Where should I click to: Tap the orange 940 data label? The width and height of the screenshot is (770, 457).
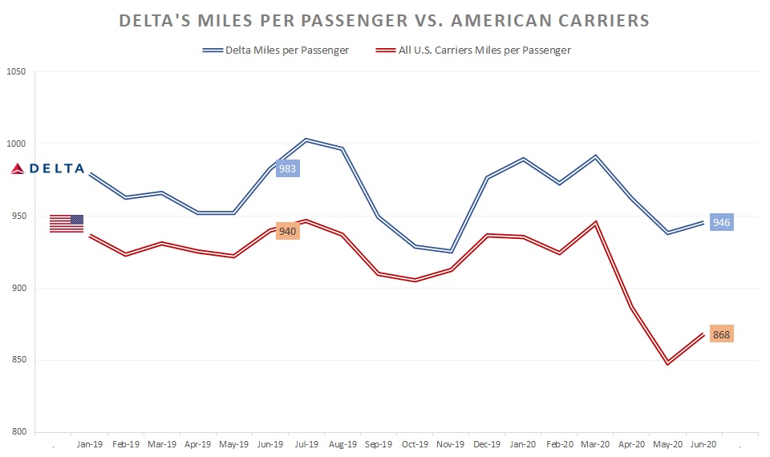[x=287, y=231]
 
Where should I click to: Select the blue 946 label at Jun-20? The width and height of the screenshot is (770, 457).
[x=721, y=222]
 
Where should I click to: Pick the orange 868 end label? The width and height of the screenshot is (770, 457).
[x=721, y=334]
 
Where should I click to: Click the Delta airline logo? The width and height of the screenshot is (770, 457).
[x=47, y=168]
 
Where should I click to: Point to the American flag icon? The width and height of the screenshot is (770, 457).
[x=67, y=224]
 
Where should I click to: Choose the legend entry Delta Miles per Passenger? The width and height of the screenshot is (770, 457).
[x=276, y=51]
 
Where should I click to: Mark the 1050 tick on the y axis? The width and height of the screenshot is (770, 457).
[x=16, y=72]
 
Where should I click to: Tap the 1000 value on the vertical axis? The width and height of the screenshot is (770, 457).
[x=16, y=144]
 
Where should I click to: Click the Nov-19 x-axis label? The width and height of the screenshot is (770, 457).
[x=451, y=443]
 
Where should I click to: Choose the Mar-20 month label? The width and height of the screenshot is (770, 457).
[x=594, y=443]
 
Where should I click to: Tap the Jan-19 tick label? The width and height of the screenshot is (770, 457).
[x=89, y=443]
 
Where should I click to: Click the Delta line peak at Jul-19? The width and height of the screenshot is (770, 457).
[x=306, y=140]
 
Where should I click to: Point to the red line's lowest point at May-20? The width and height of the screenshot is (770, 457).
[x=667, y=363]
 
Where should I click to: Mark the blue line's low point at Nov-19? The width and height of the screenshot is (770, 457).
[x=451, y=252]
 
